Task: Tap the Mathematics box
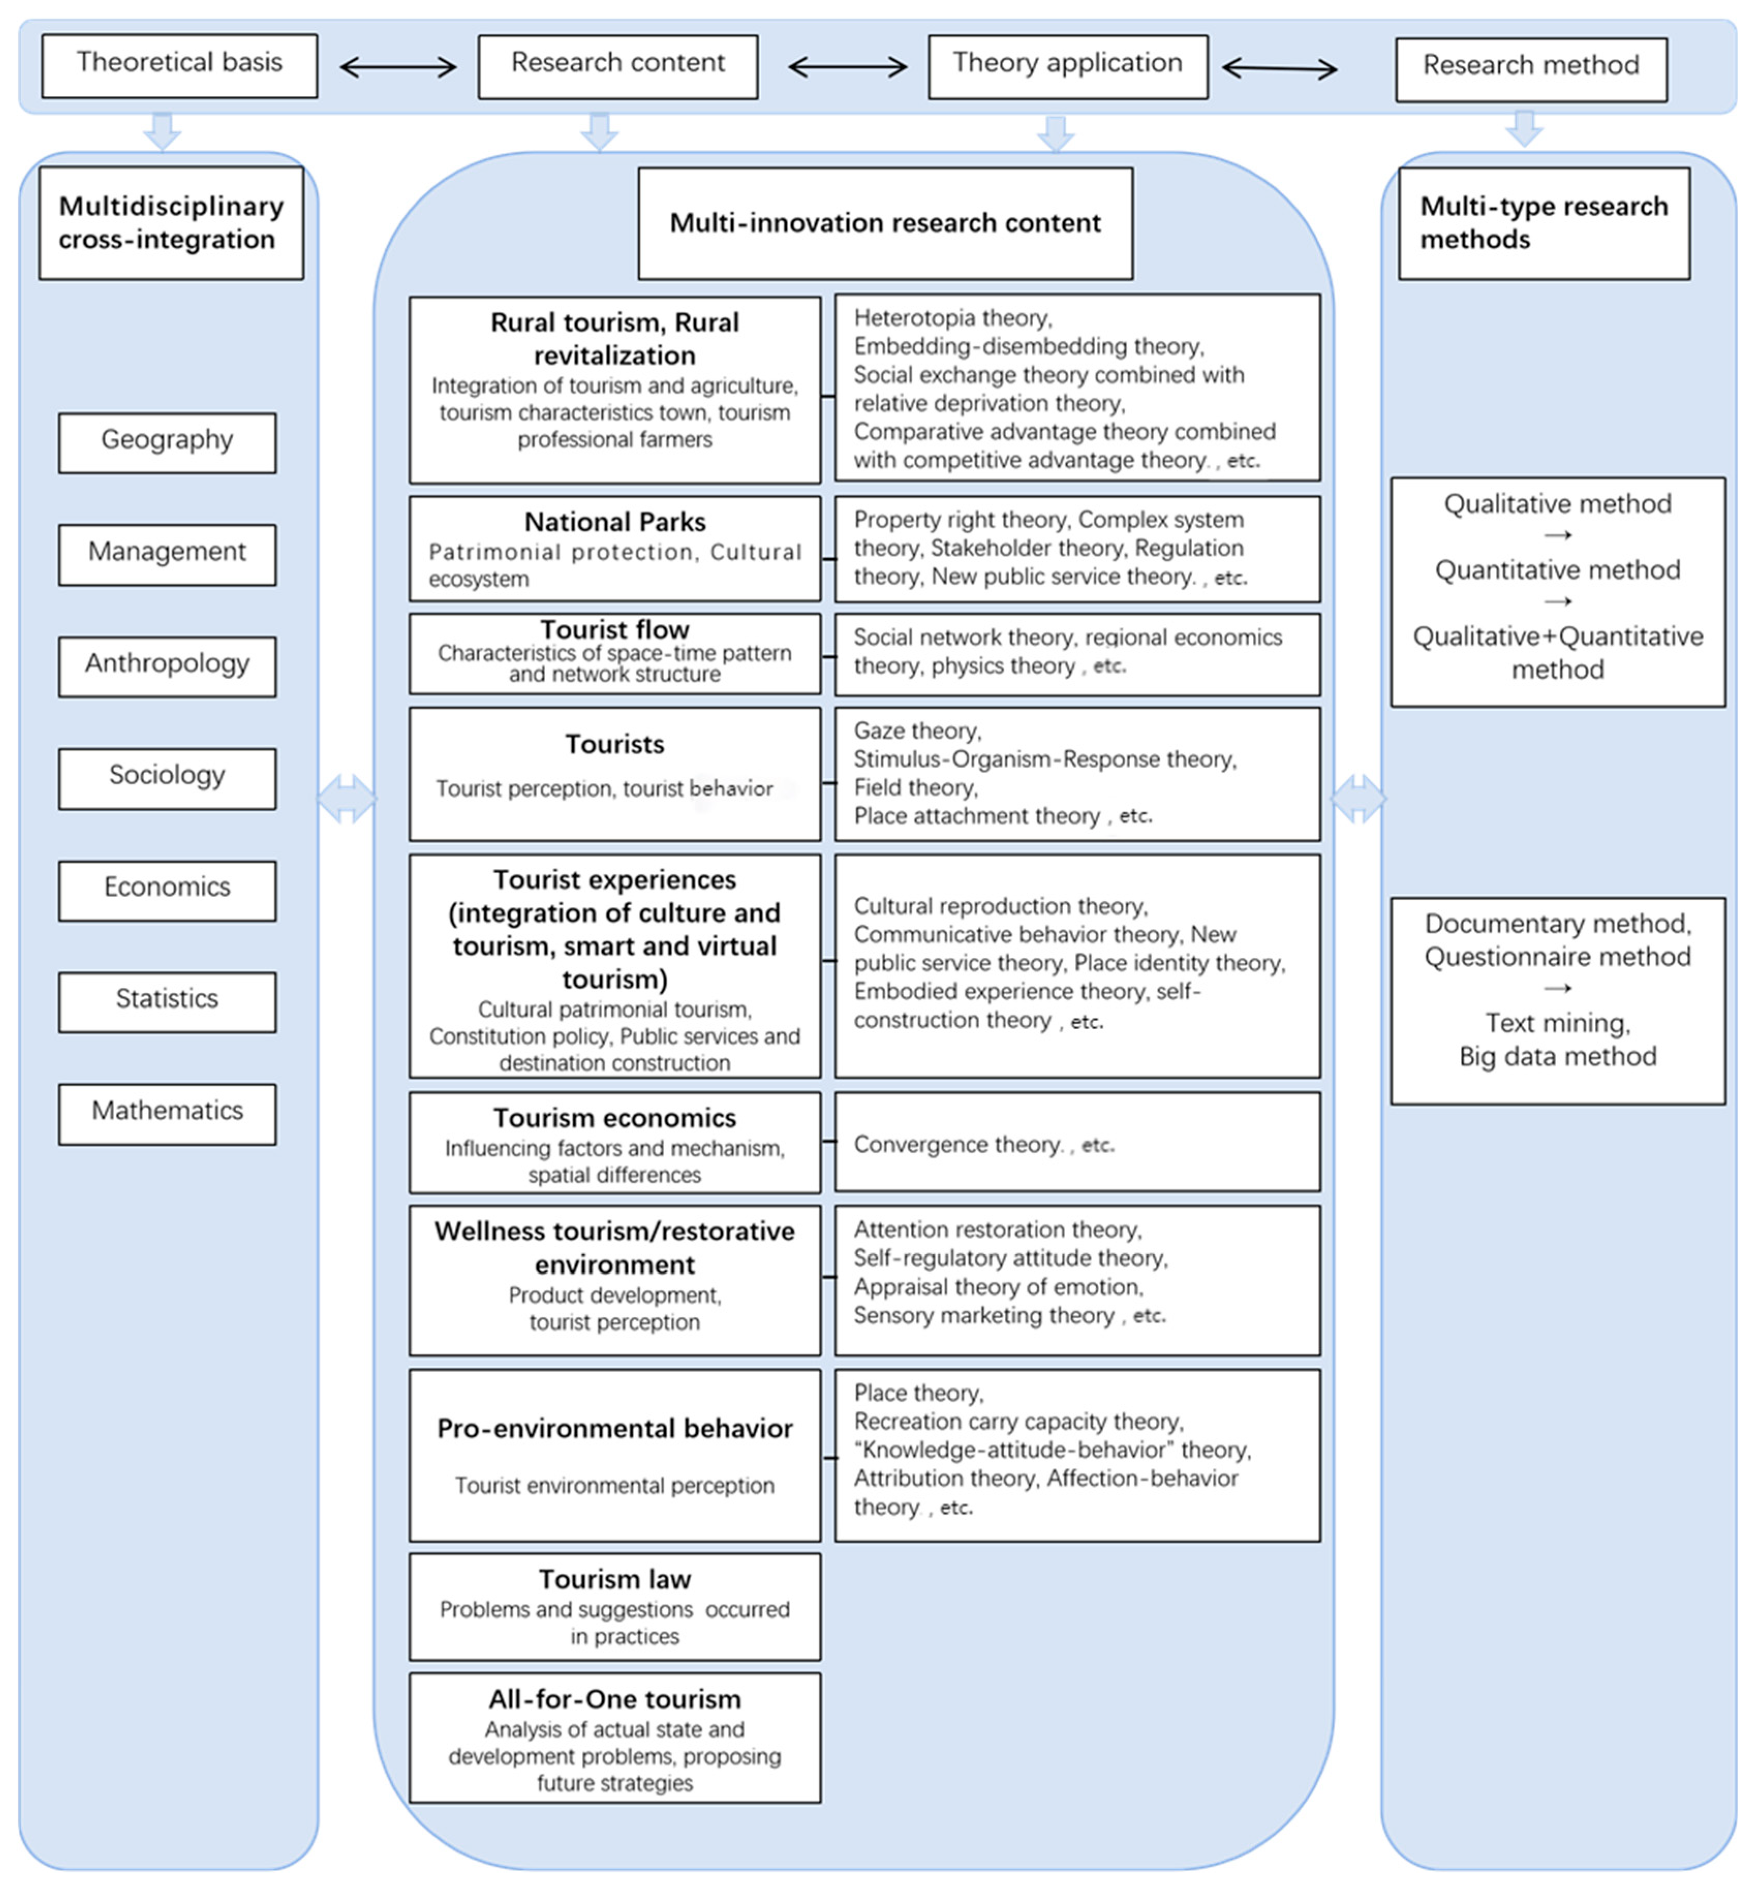click(167, 1113)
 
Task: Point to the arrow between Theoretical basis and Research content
click(398, 67)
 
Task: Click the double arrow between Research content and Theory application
click(846, 67)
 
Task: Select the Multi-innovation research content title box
click(885, 223)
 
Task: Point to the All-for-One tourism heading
click(614, 1699)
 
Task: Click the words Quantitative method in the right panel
click(1557, 570)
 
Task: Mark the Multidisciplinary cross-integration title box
click(172, 223)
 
